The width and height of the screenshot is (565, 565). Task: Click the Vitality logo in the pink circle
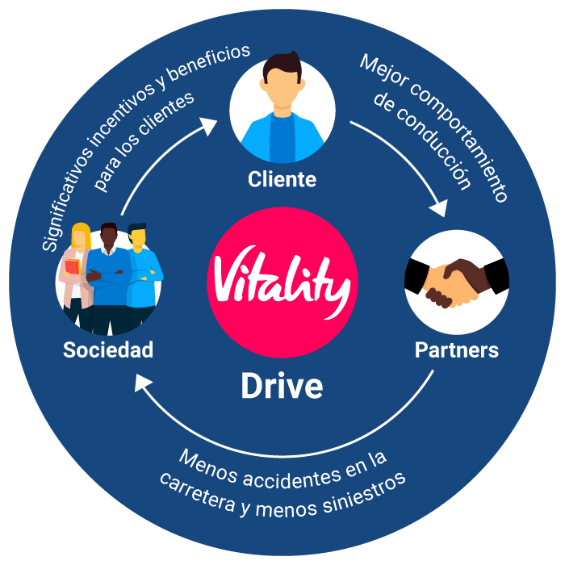pyautogui.click(x=282, y=279)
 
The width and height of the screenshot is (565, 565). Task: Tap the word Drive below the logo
pyautogui.click(x=282, y=387)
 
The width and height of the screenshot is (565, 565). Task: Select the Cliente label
pyautogui.click(x=282, y=178)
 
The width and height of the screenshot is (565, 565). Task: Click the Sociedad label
pyautogui.click(x=108, y=350)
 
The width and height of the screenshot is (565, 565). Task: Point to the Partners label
pyautogui.click(x=456, y=350)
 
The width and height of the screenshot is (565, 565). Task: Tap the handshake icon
pyautogui.click(x=455, y=282)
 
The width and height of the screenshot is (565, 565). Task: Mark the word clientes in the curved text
pyautogui.click(x=165, y=122)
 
